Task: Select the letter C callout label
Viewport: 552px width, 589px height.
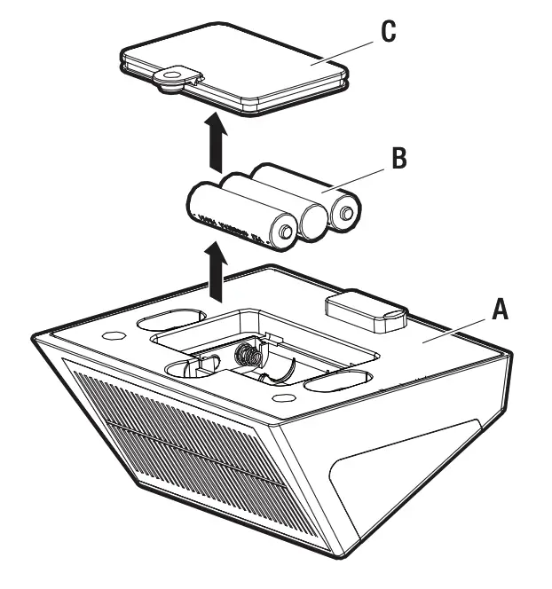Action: click(388, 31)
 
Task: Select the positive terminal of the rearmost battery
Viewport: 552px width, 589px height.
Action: click(346, 213)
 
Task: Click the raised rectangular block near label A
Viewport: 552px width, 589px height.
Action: click(364, 311)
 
